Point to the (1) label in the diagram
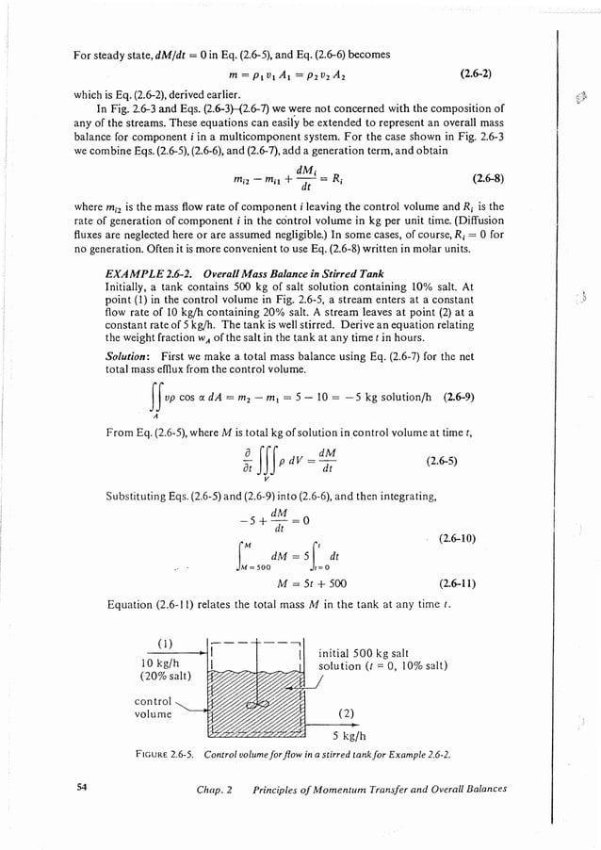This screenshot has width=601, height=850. (162, 644)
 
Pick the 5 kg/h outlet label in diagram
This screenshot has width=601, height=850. (349, 737)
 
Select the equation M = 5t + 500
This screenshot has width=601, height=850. (295, 584)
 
